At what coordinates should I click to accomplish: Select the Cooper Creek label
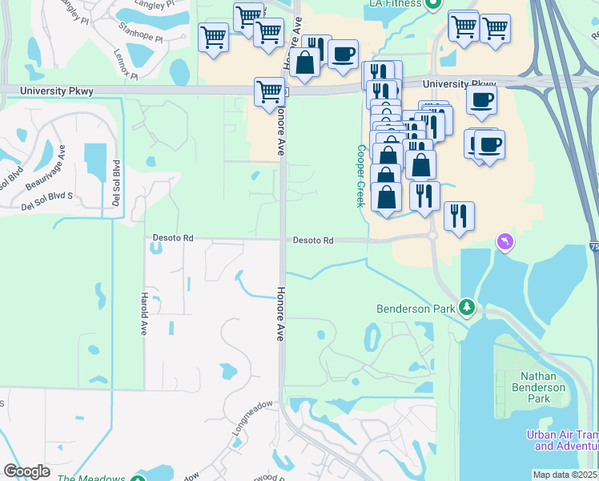[x=361, y=176]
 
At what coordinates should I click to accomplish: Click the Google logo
[x=26, y=471]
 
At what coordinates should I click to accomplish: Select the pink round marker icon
[x=504, y=240]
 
